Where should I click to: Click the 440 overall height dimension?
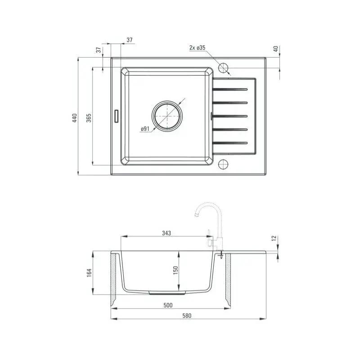tap(75, 118)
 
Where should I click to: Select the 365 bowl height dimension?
tap(89, 118)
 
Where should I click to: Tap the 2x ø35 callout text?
tap(198, 48)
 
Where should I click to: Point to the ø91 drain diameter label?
tap(145, 129)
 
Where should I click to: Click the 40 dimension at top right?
tap(276, 49)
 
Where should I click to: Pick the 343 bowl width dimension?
tap(166, 233)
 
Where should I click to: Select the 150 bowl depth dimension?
tap(175, 270)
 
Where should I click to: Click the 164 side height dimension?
tap(89, 273)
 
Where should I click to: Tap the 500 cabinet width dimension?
tap(168, 305)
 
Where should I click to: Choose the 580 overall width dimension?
tap(187, 316)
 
